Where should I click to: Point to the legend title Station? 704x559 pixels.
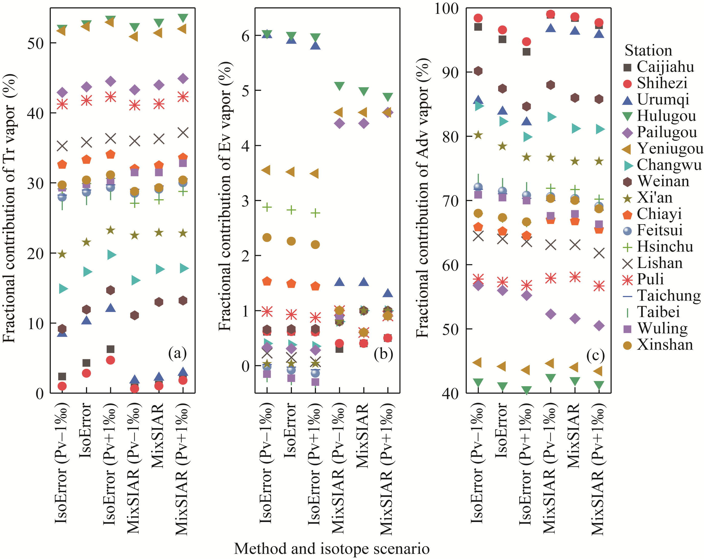tap(648, 51)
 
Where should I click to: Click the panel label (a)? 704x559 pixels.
tap(177, 353)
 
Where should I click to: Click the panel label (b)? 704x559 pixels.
tap(383, 354)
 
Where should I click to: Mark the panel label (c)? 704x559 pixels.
tap(595, 355)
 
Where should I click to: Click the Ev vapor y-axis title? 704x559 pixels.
tap(225, 196)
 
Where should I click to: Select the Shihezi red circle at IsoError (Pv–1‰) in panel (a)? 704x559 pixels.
tap(62, 386)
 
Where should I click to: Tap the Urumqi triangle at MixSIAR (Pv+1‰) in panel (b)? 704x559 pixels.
tap(388, 293)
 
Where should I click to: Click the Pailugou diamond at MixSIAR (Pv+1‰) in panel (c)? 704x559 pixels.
tap(599, 326)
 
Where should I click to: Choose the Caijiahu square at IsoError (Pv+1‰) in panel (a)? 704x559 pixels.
tap(110, 349)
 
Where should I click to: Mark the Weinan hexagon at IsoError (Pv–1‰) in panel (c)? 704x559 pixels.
tap(478, 71)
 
